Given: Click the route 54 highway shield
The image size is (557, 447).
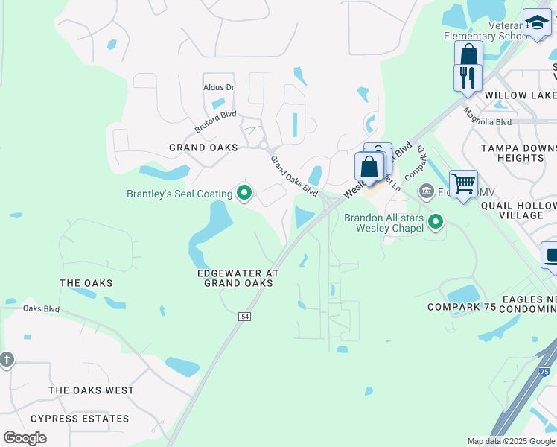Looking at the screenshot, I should click(x=244, y=317).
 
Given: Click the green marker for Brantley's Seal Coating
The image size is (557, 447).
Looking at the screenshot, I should click(x=244, y=194).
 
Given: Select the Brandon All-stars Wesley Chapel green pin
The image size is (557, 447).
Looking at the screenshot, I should click(x=436, y=221).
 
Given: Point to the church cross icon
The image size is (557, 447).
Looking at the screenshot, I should click(x=7, y=360).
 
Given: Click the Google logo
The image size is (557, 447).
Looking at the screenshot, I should click(x=25, y=438).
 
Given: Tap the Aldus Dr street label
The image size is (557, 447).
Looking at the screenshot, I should click(x=219, y=87).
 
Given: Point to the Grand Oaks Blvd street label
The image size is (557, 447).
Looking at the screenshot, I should click(x=294, y=176).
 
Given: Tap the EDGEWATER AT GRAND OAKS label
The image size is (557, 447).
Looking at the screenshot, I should click(x=238, y=278).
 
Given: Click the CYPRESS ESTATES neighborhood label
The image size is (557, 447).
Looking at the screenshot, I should click(x=79, y=419).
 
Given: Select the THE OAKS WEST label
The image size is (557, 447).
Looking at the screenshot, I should click(x=92, y=390).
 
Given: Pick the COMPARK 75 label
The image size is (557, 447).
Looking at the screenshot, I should click(x=462, y=307).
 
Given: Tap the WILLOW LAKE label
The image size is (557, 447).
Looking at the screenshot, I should click(x=520, y=96).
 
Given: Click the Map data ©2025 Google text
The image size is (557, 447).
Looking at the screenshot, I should click(x=512, y=441).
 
